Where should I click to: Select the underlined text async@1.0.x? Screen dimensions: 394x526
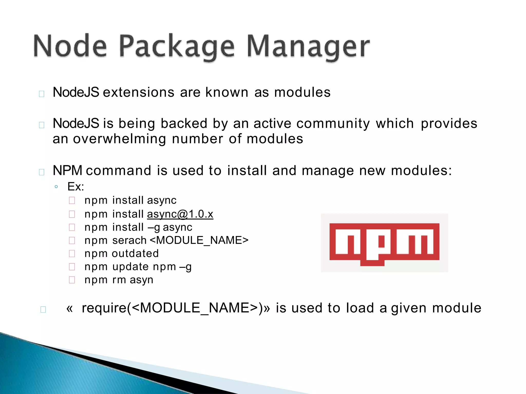click(x=180, y=214)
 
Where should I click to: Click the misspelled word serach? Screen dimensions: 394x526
click(x=129, y=241)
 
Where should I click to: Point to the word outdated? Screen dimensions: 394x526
click(x=135, y=254)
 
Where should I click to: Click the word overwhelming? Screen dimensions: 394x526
click(x=119, y=139)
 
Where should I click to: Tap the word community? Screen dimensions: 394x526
click(x=333, y=124)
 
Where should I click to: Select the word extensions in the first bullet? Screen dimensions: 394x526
click(x=139, y=92)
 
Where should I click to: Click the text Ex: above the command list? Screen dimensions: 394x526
click(x=76, y=187)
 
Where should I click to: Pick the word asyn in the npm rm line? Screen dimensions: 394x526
click(x=141, y=280)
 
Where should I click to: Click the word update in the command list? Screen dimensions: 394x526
click(x=130, y=267)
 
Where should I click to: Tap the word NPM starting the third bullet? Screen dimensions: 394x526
click(x=67, y=171)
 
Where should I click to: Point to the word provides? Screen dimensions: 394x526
click(x=449, y=124)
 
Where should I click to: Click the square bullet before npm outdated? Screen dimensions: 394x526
click(x=72, y=254)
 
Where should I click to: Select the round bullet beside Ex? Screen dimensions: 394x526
click(x=56, y=187)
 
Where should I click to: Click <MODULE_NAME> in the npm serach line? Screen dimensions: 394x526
click(x=199, y=241)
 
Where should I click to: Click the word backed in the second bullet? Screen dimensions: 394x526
click(x=184, y=124)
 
